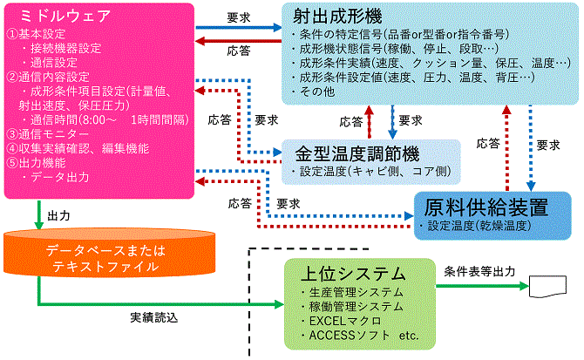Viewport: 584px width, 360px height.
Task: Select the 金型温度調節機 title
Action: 358,153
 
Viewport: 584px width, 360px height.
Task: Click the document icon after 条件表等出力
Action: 548,285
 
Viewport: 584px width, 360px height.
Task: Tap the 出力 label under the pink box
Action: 59,214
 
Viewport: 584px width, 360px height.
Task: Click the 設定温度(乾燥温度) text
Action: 477,226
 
